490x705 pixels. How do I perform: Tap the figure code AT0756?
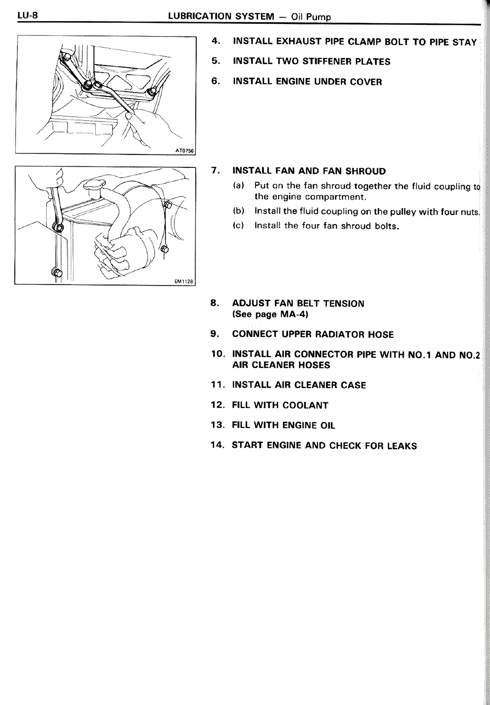[185, 151]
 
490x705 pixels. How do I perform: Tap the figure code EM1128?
[184, 282]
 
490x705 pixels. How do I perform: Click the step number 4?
[216, 41]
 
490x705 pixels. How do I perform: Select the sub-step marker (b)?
[238, 211]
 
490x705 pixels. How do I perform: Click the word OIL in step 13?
[327, 425]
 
